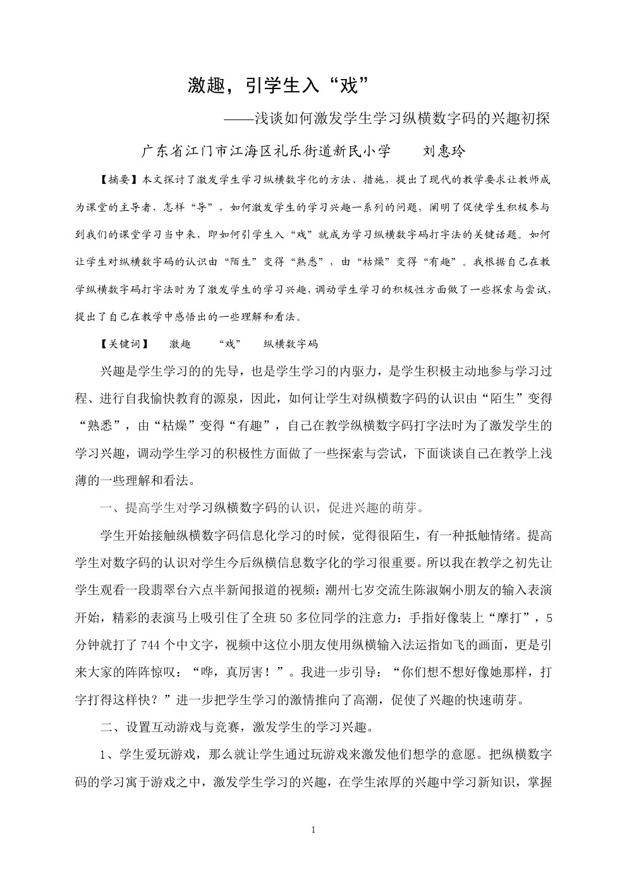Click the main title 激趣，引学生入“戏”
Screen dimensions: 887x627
[278, 85]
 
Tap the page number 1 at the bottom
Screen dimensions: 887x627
[313, 829]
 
